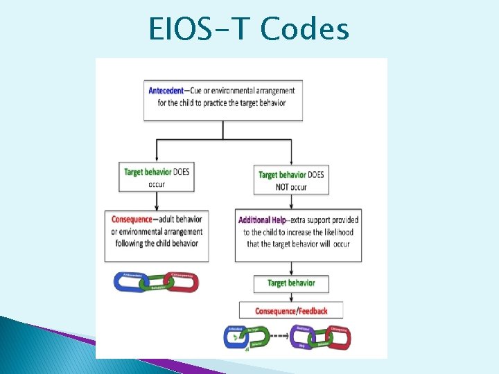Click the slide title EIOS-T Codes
249,29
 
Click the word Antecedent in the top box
166,91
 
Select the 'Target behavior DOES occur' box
156,177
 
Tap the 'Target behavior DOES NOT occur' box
291,180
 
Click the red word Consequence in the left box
131,220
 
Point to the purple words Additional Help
262,220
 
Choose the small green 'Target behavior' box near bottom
291,283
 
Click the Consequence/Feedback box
291,311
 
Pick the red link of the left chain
182,281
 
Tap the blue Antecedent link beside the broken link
235,337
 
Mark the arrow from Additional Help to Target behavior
291,269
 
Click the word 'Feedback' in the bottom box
311,311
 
